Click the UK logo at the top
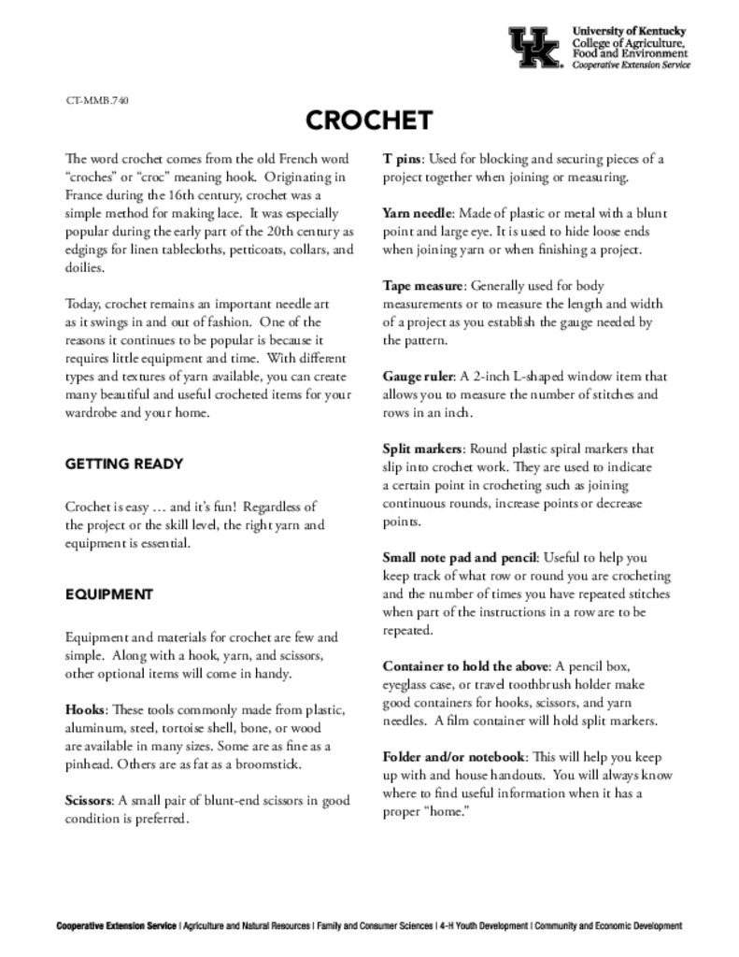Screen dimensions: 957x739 [x=535, y=47]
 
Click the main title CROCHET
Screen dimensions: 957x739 [x=369, y=121]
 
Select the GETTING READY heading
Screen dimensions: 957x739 [x=124, y=464]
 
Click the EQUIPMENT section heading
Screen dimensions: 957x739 [x=109, y=593]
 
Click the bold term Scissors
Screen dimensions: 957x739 [x=89, y=800]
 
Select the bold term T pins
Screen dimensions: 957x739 [x=403, y=159]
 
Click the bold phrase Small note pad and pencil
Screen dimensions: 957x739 [x=460, y=557]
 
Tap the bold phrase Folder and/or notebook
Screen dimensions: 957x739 [x=456, y=755]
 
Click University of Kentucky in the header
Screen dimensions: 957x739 [x=629, y=31]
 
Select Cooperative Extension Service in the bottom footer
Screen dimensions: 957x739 [x=116, y=926]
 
